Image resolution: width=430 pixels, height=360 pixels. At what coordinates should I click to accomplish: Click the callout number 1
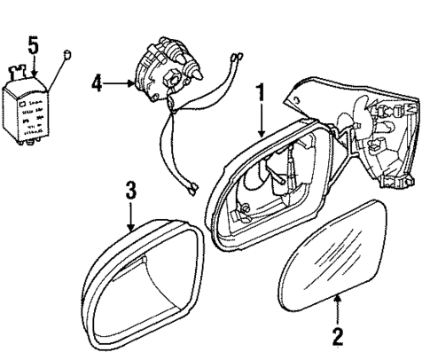click(261, 91)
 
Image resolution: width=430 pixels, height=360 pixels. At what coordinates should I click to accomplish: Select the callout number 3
click(129, 189)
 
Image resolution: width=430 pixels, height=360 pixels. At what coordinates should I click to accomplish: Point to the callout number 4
click(98, 84)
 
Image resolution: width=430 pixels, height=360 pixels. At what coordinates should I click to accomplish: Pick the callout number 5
click(33, 44)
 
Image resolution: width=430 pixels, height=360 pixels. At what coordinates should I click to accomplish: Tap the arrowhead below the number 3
click(129, 229)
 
